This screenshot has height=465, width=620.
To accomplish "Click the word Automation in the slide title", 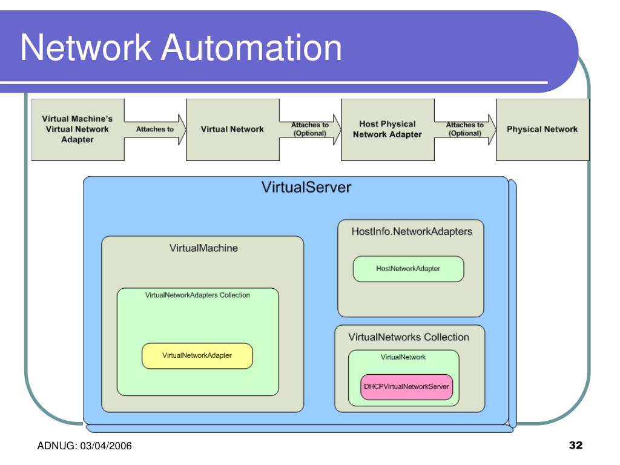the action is click(x=251, y=47).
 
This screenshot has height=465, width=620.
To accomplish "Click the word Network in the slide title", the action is click(x=86, y=47).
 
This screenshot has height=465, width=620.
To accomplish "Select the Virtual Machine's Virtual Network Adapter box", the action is click(x=78, y=130).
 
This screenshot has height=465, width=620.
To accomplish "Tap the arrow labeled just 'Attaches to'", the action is click(x=155, y=130).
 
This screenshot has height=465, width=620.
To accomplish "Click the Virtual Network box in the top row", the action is click(x=232, y=130).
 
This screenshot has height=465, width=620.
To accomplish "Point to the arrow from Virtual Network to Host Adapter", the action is click(x=310, y=130).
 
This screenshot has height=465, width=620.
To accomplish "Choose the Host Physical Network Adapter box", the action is click(x=387, y=130).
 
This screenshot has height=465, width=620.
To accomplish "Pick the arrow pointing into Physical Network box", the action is click(x=465, y=130).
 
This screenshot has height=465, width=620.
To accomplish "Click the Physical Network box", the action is click(x=542, y=130).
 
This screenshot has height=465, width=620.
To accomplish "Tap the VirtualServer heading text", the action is click(x=306, y=188).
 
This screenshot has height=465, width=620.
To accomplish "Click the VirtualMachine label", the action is click(x=203, y=248).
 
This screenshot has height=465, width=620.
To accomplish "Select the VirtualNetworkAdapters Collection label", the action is click(x=197, y=295).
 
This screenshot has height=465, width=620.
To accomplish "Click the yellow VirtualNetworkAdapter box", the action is click(x=197, y=356).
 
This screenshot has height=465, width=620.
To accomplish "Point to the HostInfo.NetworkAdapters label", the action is click(x=412, y=231).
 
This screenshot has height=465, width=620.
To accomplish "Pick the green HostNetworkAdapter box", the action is click(x=409, y=269).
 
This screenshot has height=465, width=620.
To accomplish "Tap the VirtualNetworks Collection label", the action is click(x=409, y=337).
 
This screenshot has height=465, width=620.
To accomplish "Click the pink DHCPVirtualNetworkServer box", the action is click(x=406, y=387).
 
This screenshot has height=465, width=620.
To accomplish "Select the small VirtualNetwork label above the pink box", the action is click(x=403, y=357).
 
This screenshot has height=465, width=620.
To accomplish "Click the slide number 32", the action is click(x=576, y=445).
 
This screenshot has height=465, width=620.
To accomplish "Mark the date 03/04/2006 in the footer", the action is click(x=106, y=446).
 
